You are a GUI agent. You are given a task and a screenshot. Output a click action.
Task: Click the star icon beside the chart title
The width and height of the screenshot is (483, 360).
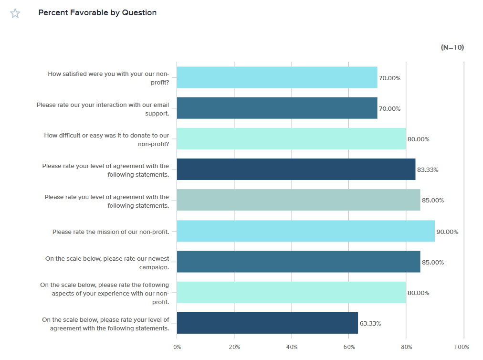coord(15,13)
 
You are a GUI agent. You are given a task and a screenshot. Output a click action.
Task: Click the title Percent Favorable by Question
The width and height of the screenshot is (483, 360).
coord(97,13)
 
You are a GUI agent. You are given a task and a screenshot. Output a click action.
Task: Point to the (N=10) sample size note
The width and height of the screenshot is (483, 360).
coord(452,47)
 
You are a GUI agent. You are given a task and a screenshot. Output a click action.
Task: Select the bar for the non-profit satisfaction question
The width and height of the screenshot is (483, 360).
coord(277,77)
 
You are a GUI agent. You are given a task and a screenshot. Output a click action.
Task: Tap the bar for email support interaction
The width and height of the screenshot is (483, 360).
coord(277,108)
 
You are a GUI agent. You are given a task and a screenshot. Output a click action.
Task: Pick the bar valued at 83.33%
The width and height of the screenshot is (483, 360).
coord(296,169)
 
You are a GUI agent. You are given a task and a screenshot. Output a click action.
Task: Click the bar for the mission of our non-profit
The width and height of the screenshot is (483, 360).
coord(305,231)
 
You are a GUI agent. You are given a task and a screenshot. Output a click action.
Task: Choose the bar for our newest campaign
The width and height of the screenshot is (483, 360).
coord(298,262)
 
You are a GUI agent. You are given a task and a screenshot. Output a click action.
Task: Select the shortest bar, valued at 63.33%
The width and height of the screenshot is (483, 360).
coord(267,323)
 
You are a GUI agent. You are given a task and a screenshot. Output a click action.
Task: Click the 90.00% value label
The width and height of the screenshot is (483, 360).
coord(447,232)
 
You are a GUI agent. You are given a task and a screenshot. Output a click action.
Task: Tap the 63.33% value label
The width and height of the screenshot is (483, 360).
coord(370,324)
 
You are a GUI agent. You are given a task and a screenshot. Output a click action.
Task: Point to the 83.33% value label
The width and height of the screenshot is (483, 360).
coord(428,170)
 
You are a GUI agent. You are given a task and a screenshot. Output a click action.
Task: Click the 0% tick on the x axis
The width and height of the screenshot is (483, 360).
coord(177,347)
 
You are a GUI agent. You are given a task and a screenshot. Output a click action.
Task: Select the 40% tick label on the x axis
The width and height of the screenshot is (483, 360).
coord(292,347)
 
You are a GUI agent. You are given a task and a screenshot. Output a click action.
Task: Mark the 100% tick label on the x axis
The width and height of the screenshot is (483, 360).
coord(462,347)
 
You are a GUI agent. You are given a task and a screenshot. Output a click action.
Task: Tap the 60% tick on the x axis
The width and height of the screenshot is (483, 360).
coord(349,347)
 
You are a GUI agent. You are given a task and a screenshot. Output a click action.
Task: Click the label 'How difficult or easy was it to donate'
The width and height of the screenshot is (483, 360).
coord(106,139)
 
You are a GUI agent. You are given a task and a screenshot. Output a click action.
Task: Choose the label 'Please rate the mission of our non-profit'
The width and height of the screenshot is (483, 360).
coord(111,232)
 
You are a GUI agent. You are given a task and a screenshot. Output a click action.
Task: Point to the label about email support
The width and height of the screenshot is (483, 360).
coord(103,108)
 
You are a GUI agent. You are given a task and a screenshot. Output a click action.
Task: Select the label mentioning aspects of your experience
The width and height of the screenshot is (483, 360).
coord(105,293)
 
